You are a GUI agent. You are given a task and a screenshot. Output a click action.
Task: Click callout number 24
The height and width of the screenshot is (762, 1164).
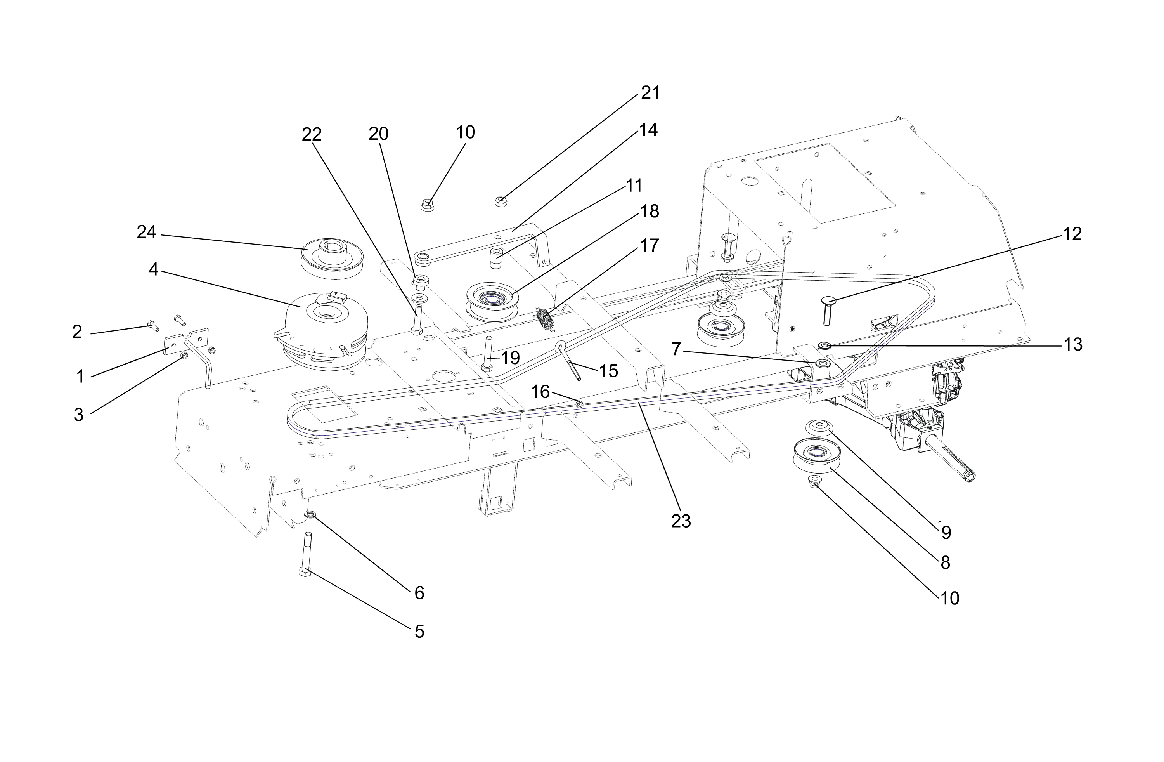click(146, 232)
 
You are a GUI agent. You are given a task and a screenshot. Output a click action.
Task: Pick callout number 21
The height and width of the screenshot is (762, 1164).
click(650, 92)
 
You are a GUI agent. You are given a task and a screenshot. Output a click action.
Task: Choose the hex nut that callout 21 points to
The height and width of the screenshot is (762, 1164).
click(500, 201)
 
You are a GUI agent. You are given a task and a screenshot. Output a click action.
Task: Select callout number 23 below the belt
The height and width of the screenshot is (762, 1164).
click(681, 522)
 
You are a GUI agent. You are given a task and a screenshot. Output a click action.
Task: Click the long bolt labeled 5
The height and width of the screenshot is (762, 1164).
click(307, 554)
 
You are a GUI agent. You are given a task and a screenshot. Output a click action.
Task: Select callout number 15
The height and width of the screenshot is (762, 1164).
click(608, 371)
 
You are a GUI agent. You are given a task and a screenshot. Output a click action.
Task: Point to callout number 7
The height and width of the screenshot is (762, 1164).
click(676, 349)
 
